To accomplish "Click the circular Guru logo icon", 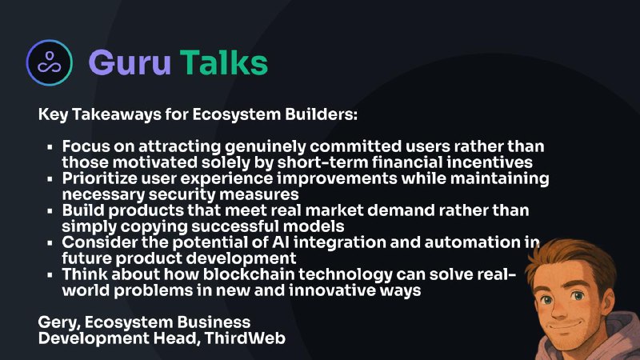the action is [50, 62].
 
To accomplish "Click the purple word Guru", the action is [130, 63].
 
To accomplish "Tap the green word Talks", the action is [224, 62].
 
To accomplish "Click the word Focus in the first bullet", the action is [86, 146].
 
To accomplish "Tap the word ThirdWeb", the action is [245, 338].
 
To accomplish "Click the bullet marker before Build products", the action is [50, 211].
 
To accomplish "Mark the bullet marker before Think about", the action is [50, 275].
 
